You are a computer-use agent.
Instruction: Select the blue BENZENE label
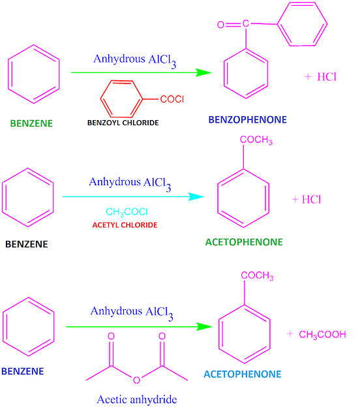23,371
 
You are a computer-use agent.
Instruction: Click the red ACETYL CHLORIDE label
128,224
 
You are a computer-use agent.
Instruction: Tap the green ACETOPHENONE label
244,241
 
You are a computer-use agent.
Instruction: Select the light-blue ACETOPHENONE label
242,375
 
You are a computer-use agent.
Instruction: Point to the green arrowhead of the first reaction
204,72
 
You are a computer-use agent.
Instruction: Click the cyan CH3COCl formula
128,212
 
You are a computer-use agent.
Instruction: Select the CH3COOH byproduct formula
322,335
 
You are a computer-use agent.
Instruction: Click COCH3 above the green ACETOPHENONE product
256,140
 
